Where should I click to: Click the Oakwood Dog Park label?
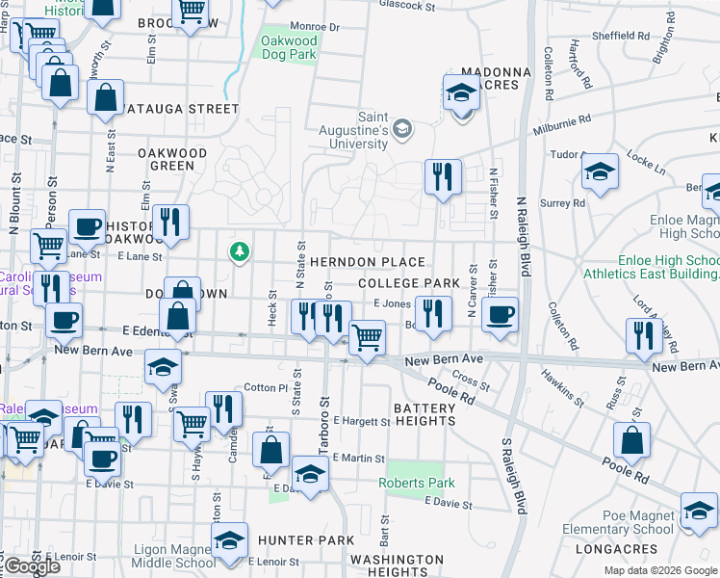289,48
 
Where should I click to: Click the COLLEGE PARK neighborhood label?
408,283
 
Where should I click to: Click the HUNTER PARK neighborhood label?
312,540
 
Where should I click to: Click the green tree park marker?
239,252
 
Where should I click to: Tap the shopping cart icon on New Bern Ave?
367,338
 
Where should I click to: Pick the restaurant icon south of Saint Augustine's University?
442,175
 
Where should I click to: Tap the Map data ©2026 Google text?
659,570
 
